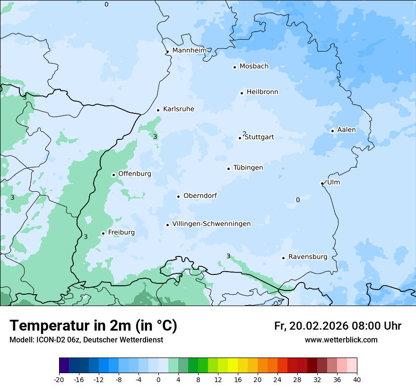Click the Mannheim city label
point(189,50)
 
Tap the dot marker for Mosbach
point(234,67)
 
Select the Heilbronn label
point(262,92)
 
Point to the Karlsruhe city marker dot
point(158,110)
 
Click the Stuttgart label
point(259,137)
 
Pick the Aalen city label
point(347,129)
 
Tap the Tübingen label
point(248,168)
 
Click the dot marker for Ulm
point(322,183)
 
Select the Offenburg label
point(135,173)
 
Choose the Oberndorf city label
point(200,196)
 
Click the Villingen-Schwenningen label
point(211,224)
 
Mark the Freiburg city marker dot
point(103,233)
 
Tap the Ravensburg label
point(308,257)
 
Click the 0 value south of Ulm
point(298,200)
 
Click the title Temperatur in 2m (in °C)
point(94,325)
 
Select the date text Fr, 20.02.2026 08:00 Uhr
point(338,326)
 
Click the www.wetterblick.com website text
point(341,340)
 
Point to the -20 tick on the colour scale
point(59,379)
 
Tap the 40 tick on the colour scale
point(356,379)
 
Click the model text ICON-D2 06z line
point(86,340)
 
